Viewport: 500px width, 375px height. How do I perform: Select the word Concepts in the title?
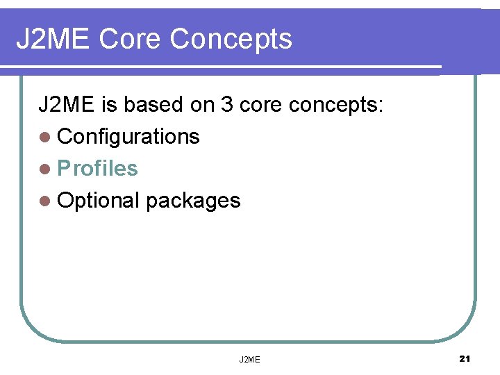click(231, 40)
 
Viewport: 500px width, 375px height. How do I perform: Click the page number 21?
click(465, 358)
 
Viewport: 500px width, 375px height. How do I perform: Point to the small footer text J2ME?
click(249, 359)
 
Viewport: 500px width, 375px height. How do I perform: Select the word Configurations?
click(128, 137)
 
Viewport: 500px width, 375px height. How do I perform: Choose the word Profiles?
click(97, 169)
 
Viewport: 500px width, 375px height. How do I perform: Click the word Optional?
click(99, 201)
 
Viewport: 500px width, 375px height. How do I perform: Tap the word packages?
click(193, 201)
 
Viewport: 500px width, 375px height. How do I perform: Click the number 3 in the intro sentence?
click(226, 105)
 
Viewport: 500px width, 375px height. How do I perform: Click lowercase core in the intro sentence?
click(260, 105)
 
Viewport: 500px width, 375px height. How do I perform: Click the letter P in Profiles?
click(63, 169)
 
